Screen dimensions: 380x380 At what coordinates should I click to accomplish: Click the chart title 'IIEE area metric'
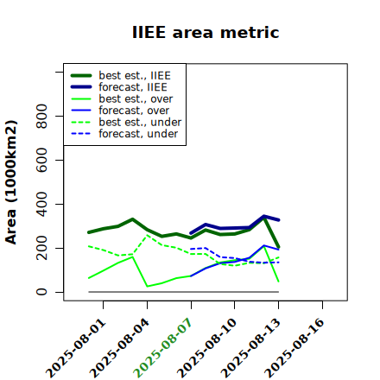tap(206, 32)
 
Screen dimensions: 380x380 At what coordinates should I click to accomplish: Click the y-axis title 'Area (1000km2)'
tap(11, 182)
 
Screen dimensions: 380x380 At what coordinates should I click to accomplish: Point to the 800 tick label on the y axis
tap(41, 116)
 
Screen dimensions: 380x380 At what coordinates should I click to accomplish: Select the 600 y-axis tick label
tap(41, 160)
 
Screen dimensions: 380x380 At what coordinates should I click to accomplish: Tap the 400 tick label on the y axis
tap(41, 204)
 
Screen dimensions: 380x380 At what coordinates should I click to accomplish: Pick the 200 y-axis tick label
tap(41, 248)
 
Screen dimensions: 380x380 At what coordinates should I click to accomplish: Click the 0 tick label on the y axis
tap(41, 292)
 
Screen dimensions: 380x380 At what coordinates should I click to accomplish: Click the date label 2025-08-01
tap(76, 348)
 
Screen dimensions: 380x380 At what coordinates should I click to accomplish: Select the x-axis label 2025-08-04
tap(120, 348)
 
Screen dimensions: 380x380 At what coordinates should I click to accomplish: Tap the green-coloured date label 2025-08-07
tap(162, 348)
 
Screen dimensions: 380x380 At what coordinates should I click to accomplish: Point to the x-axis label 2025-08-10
tap(206, 348)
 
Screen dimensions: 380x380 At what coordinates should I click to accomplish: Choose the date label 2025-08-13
tap(250, 348)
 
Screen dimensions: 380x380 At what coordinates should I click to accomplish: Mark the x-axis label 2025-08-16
tap(294, 348)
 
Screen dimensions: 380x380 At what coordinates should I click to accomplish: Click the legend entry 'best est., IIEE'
tap(135, 75)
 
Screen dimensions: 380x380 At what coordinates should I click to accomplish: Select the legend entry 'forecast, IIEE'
tap(133, 87)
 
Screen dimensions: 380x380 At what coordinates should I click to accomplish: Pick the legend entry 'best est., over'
tap(136, 98)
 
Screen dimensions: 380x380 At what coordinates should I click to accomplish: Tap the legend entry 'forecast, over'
tap(134, 111)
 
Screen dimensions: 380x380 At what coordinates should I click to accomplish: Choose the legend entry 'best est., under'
tap(140, 122)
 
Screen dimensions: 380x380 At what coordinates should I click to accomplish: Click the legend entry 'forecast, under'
tap(138, 134)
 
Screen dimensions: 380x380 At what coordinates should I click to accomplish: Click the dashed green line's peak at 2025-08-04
tap(147, 235)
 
